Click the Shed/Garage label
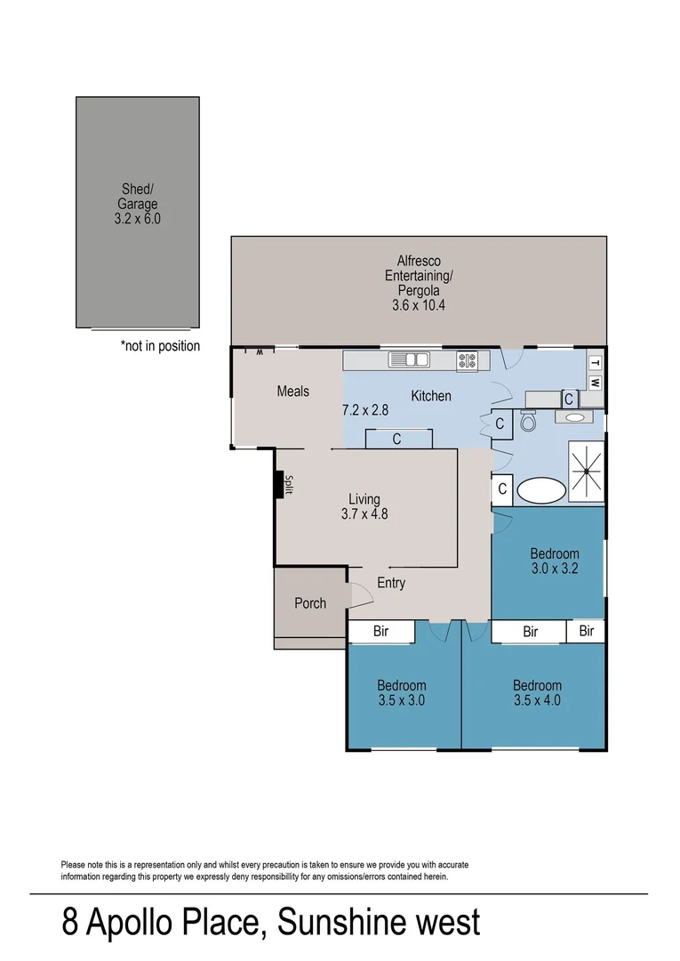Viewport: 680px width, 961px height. point(138,203)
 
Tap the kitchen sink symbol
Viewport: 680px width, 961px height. point(409,360)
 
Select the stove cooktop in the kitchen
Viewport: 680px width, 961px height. point(467,361)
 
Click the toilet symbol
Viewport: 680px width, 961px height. point(528,422)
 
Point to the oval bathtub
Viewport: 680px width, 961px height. point(541,490)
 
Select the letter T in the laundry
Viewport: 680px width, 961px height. point(596,363)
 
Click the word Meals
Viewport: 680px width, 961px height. point(292,392)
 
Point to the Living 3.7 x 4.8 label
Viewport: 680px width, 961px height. point(364,506)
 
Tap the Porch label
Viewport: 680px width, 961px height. point(310,603)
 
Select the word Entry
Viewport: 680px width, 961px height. point(391,583)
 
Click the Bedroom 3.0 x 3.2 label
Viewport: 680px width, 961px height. point(555,561)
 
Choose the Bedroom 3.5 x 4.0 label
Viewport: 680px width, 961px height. point(537,693)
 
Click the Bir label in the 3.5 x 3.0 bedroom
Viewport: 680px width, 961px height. point(380,632)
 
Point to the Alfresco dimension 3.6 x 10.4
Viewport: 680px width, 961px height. point(418,305)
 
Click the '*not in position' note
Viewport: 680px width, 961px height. point(160,346)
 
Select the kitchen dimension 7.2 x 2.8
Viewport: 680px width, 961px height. point(366,411)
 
